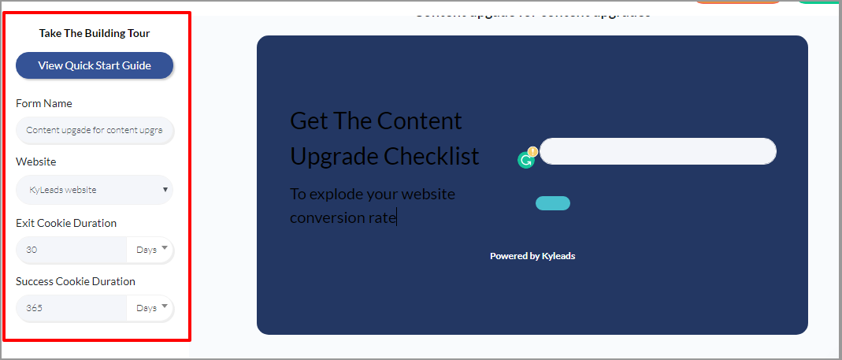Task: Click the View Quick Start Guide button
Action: pos(95,65)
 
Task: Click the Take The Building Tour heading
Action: pos(95,33)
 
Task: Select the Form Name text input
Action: pos(95,130)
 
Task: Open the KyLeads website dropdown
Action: pos(95,189)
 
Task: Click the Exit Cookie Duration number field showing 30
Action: pos(71,250)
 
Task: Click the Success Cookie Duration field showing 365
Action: pos(71,308)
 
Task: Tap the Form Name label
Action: pos(44,103)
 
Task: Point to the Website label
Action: pos(36,161)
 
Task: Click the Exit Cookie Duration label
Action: pos(66,223)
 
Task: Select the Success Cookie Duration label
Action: pos(76,281)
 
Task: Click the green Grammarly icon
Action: pos(526,160)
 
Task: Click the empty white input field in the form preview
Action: pos(658,151)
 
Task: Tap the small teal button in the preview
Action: pos(553,203)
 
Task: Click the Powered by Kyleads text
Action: pos(532,256)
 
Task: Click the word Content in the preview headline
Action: pos(419,121)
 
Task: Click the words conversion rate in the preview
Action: pos(343,217)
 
